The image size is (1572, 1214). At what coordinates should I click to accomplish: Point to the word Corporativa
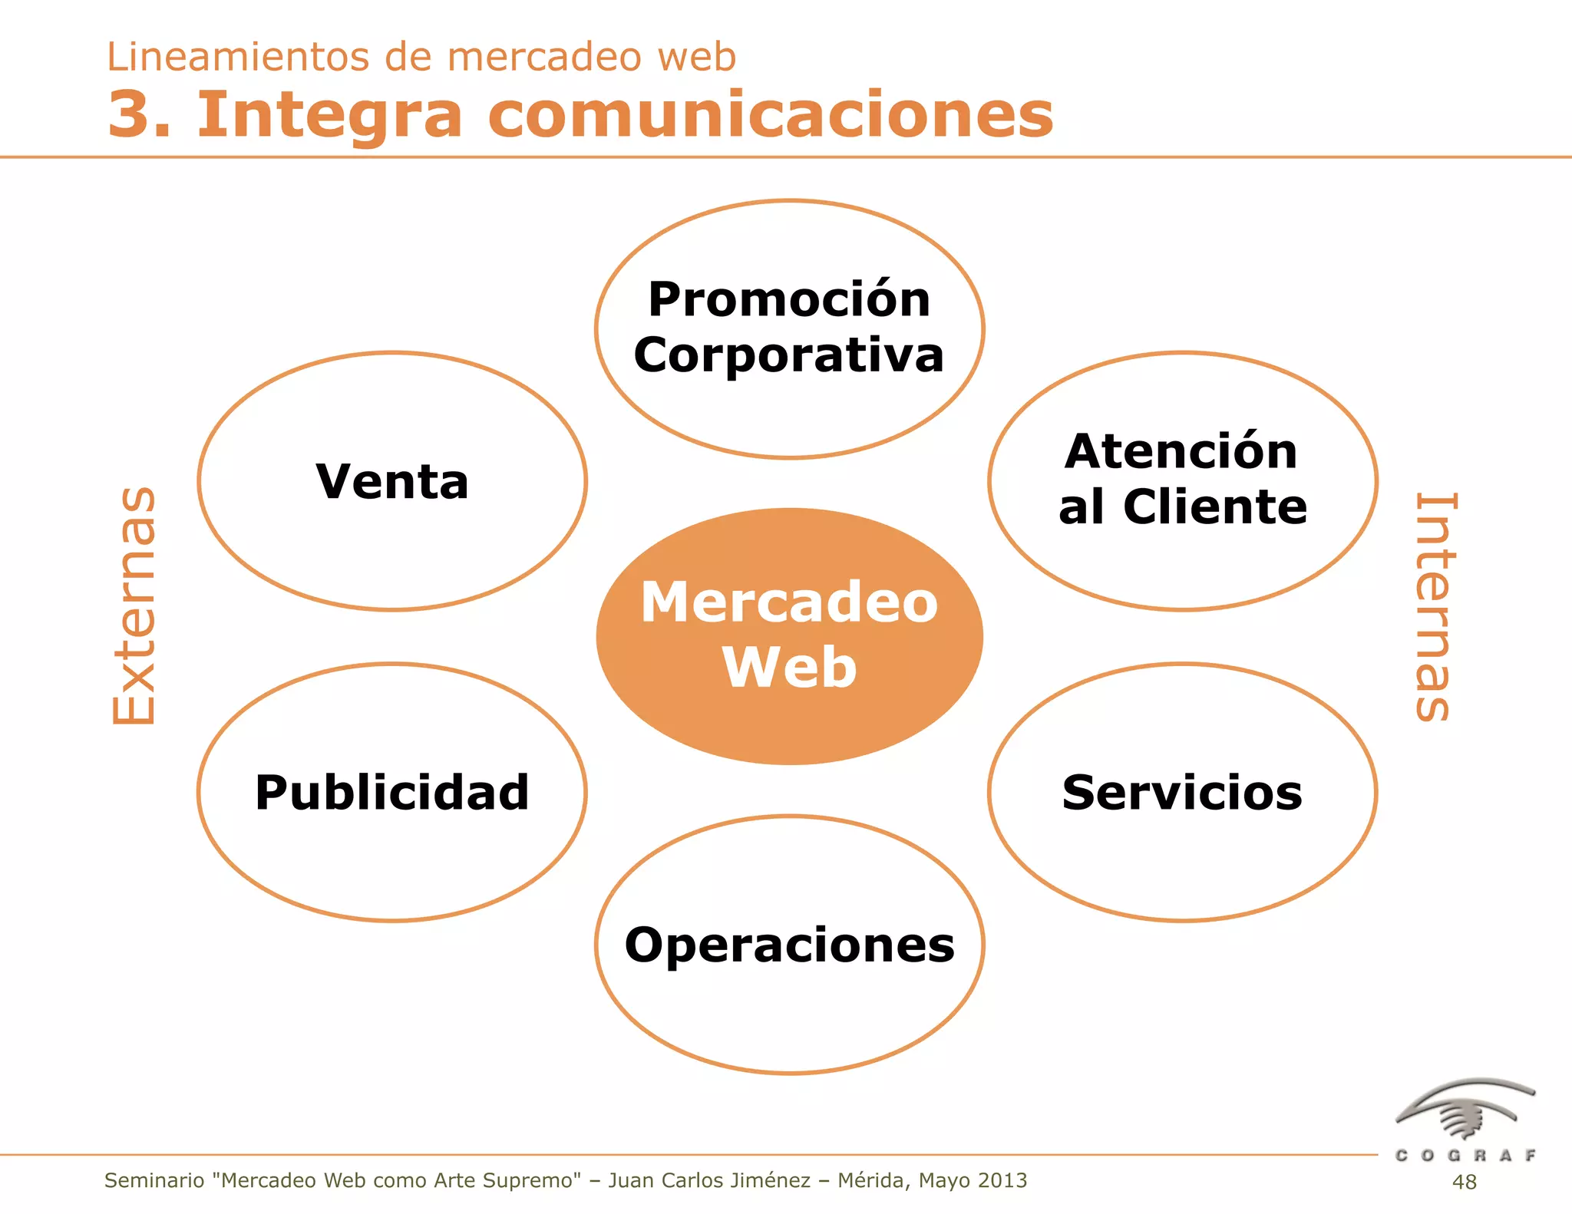(x=789, y=355)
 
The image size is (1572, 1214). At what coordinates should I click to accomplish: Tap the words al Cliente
(x=1182, y=506)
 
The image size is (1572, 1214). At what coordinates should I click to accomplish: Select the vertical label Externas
(x=135, y=605)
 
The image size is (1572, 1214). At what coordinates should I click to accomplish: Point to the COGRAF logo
(x=1465, y=1120)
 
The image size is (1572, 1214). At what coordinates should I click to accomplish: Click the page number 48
(x=1464, y=1182)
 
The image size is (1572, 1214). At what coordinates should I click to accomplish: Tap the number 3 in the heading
(x=128, y=114)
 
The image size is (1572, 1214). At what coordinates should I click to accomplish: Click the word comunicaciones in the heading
(x=771, y=114)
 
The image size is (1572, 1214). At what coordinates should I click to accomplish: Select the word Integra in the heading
(x=330, y=116)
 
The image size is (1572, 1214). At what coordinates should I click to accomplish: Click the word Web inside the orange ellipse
(x=789, y=667)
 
